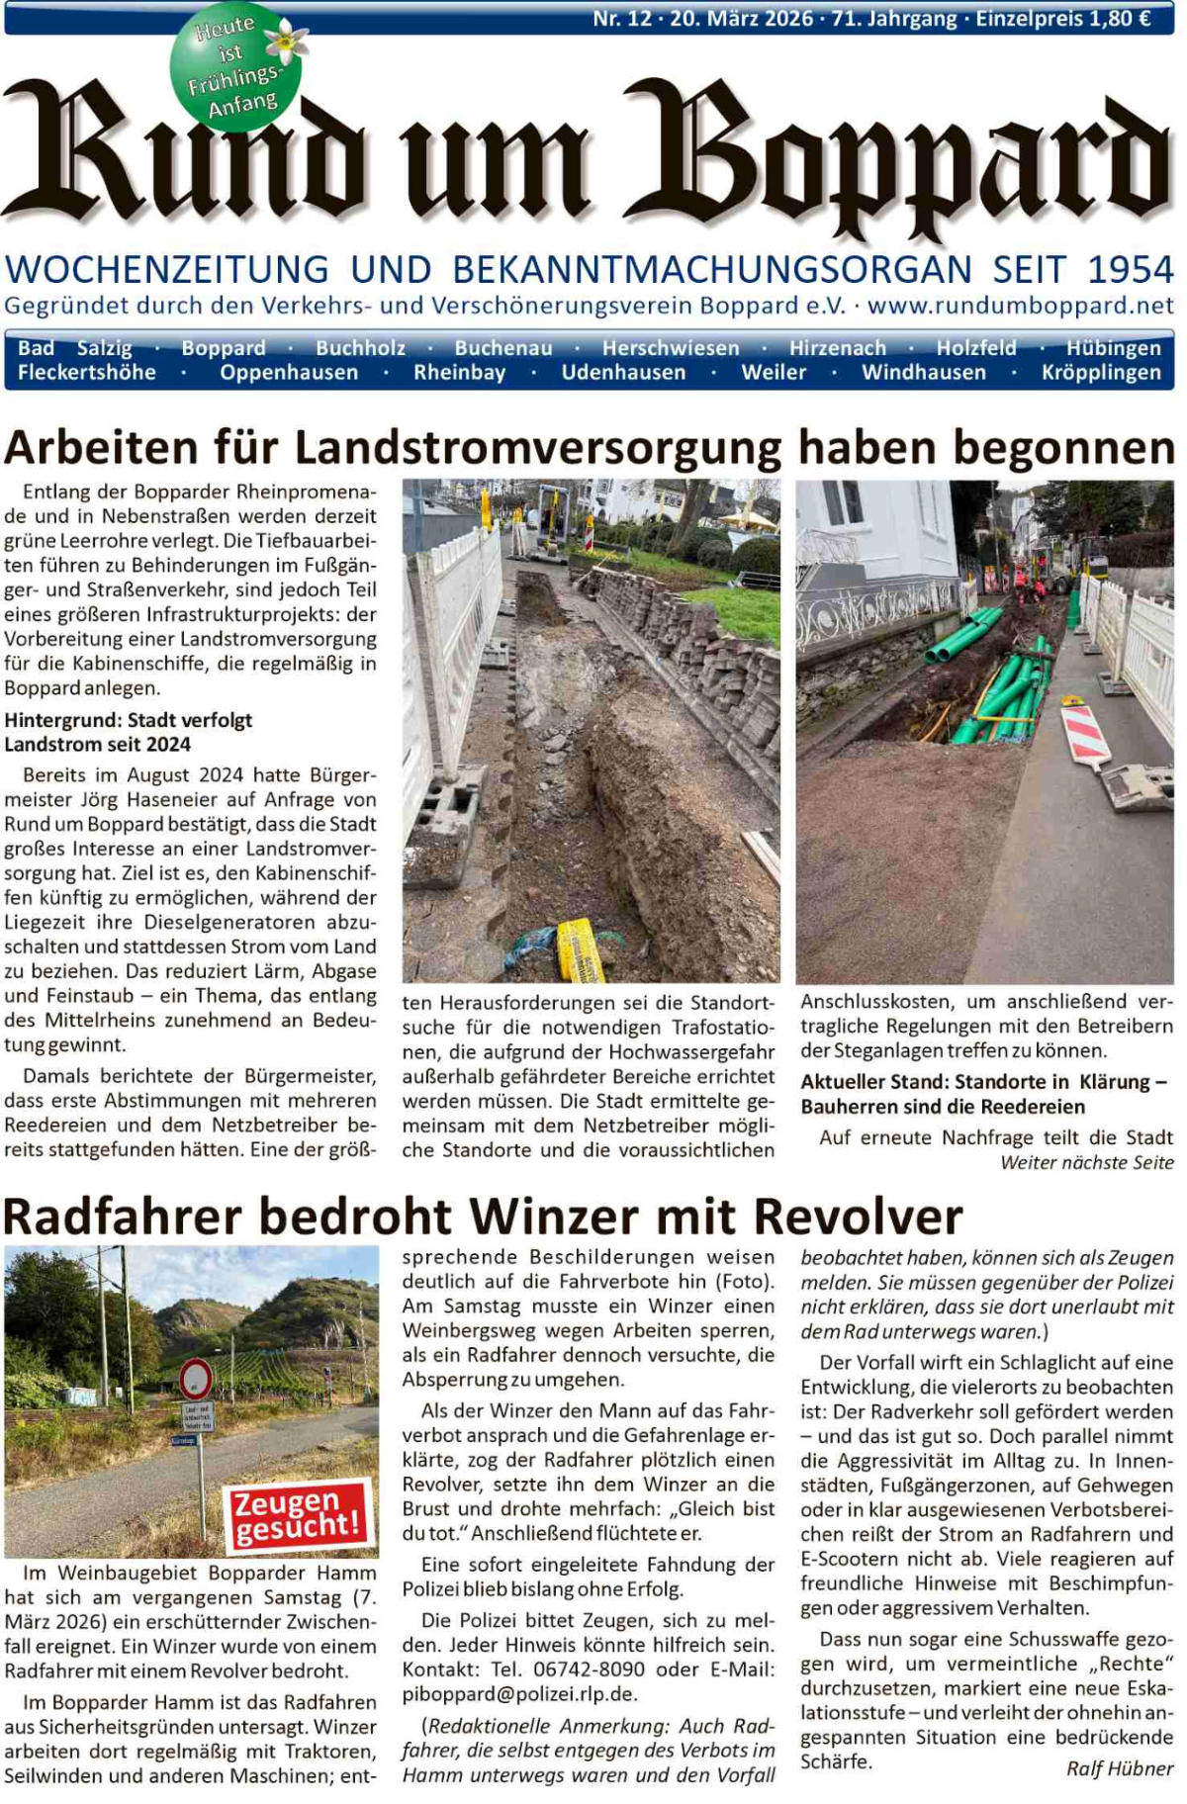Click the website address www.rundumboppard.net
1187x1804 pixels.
[x=1020, y=305]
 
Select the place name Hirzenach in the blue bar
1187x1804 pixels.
[x=837, y=348]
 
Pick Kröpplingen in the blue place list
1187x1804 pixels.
[x=1100, y=373]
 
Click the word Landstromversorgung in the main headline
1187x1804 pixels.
[x=538, y=448]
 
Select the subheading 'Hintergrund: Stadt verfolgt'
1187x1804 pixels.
[x=129, y=720]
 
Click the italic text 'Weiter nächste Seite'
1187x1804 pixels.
[x=1086, y=1163]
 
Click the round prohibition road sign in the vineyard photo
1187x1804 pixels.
[x=196, y=1379]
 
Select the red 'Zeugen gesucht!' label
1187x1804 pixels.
[x=298, y=1514]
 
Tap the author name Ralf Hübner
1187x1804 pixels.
[x=1119, y=1768]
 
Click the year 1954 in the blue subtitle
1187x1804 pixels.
[x=1130, y=270]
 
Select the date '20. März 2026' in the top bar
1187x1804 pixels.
[x=741, y=19]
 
